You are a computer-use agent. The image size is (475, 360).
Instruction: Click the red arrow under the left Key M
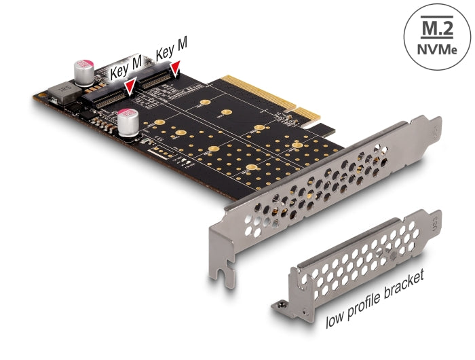pos(130,86)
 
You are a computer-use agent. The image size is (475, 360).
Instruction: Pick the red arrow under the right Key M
pos(176,67)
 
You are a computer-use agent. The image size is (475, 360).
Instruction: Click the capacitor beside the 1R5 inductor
pos(85,71)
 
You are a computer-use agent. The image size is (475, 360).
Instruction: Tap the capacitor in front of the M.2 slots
pos(128,123)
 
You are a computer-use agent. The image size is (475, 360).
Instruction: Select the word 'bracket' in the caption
pos(406,282)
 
